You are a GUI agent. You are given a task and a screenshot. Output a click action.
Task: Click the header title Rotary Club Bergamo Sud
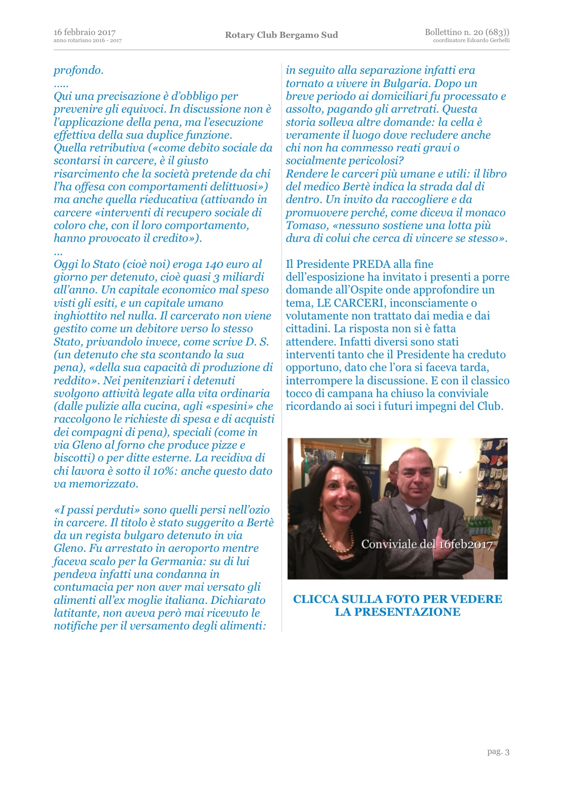point(281,35)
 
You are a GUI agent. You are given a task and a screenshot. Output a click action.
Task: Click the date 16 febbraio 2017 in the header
point(85,32)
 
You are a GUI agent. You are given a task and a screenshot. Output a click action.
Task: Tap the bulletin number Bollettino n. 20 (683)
point(466,32)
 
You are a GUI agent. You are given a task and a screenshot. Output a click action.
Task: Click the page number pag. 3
point(498,752)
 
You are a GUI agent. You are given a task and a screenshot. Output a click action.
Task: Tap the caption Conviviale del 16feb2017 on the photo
point(427,544)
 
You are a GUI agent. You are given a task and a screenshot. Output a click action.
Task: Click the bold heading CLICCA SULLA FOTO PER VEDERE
point(397,599)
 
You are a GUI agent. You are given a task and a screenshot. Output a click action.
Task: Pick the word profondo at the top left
point(79,71)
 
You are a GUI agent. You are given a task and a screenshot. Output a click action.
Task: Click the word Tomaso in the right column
point(306,225)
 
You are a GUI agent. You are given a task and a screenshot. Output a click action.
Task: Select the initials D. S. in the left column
point(257,342)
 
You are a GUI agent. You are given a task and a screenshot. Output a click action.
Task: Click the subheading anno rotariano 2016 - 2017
point(88,41)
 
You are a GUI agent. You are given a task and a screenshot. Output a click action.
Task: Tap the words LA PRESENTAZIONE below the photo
point(397,612)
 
